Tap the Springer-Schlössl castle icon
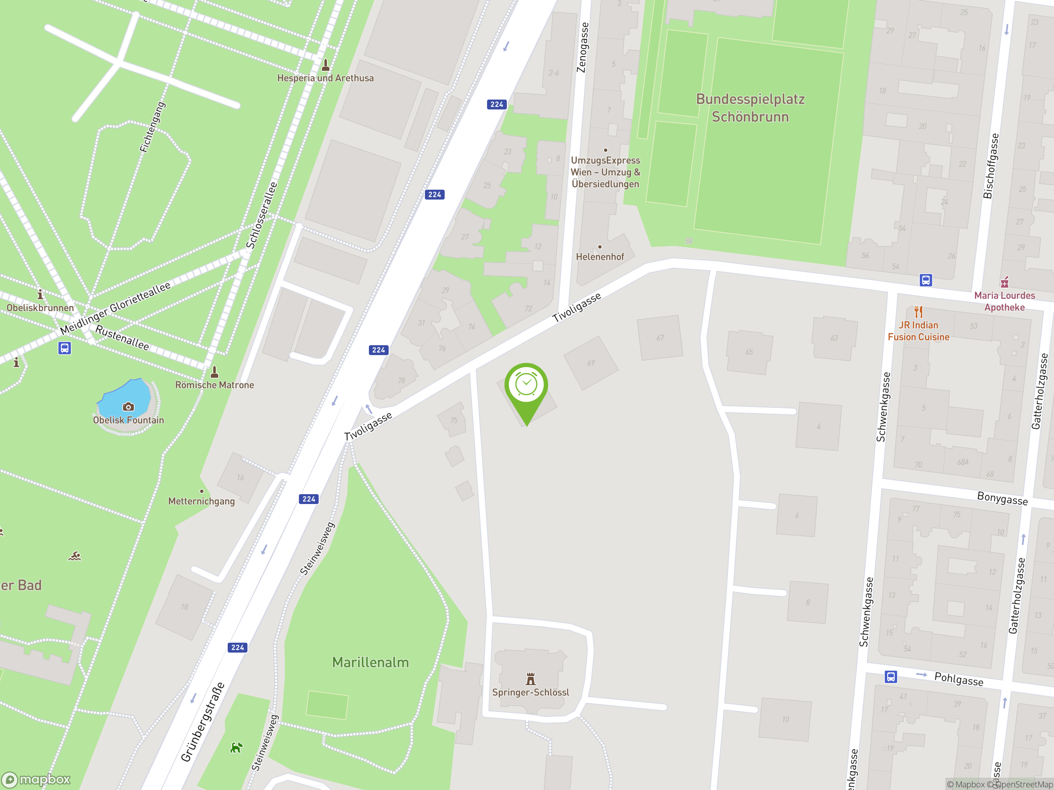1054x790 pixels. tap(530, 678)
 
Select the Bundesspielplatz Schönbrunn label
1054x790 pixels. tap(750, 108)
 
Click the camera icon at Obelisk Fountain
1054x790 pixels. tap(128, 407)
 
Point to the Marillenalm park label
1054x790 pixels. tap(370, 662)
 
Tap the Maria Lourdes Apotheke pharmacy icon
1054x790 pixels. tap(1005, 282)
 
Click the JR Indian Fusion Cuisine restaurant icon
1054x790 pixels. tap(918, 312)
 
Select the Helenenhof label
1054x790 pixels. tap(599, 257)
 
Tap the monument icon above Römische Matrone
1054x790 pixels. tap(215, 371)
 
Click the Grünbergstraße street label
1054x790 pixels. tap(203, 721)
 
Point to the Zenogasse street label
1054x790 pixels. tap(583, 48)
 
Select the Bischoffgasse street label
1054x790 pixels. tap(991, 166)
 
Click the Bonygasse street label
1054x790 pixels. tap(1002, 498)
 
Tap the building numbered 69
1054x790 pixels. tap(591, 363)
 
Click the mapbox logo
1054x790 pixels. tap(36, 780)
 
